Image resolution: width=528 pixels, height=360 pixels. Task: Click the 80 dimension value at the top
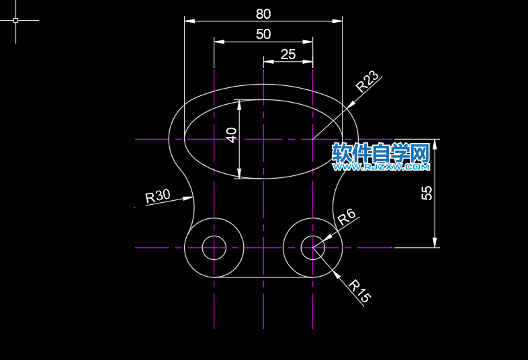[x=263, y=14]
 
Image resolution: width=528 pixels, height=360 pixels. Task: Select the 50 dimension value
[x=263, y=34]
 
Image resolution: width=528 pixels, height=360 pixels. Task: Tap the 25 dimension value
[x=288, y=54]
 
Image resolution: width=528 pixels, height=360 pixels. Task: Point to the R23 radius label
[x=367, y=81]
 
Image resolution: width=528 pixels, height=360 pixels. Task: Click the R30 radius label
[x=158, y=196]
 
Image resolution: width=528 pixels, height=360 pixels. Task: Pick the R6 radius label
[x=346, y=217]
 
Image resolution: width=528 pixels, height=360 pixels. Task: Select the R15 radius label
[x=359, y=291]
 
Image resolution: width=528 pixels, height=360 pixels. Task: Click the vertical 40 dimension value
[x=231, y=135]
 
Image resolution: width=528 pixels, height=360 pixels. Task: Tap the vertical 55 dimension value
[x=427, y=193]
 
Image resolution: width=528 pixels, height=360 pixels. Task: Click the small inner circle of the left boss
[x=214, y=236]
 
